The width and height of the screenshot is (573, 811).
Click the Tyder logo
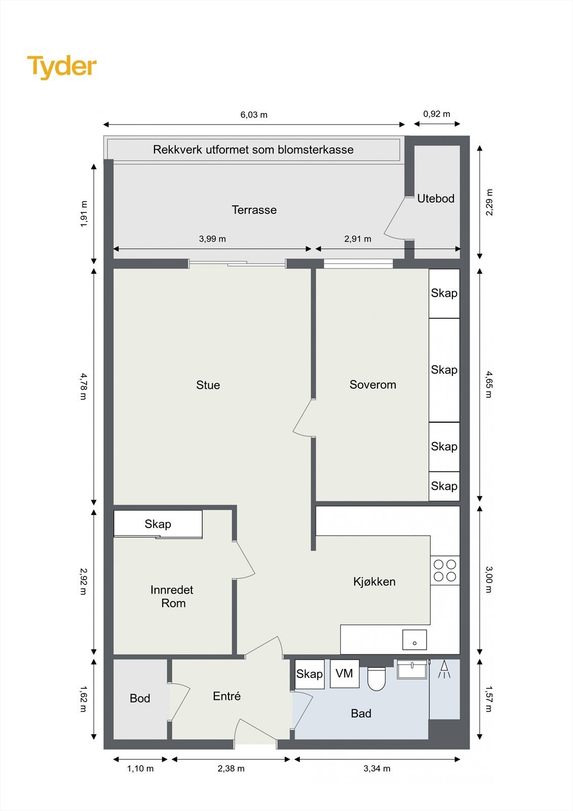point(62,67)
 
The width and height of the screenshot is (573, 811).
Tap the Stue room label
point(208,385)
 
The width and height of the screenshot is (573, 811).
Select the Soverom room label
point(372,385)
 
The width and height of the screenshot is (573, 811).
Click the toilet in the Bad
point(376,678)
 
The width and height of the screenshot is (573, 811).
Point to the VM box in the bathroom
point(345,674)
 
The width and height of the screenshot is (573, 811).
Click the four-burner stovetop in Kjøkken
point(445,570)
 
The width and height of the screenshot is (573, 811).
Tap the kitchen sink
point(414,640)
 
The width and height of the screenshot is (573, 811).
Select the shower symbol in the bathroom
point(444,670)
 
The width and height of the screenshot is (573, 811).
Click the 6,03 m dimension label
point(254,115)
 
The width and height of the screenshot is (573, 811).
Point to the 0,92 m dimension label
point(436,114)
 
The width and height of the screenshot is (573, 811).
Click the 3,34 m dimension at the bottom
point(377,768)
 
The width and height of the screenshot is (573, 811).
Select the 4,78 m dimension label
point(84,386)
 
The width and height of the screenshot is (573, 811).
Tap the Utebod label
point(436,199)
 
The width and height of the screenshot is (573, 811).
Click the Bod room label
point(140,698)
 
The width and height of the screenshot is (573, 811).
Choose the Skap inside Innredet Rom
point(158,524)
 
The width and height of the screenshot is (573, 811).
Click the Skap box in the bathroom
point(309,674)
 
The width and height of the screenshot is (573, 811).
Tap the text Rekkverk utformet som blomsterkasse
point(253,150)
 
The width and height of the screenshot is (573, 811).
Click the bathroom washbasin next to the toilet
point(412,670)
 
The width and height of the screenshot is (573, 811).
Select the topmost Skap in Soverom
point(444,293)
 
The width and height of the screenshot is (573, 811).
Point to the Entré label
point(226,696)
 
